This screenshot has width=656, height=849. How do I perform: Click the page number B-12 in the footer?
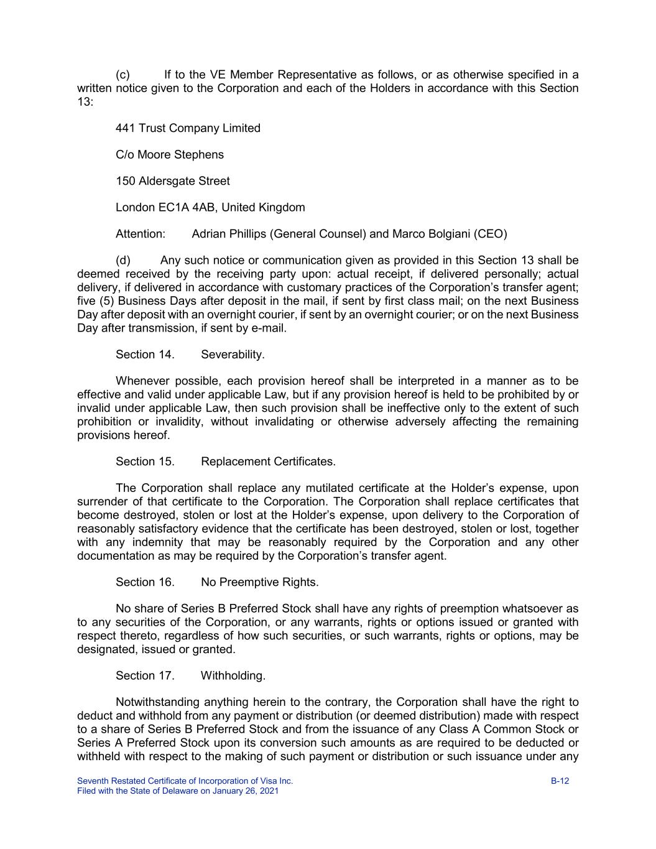tap(560, 781)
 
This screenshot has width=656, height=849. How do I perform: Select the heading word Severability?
tap(233, 355)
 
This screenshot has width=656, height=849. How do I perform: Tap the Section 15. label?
tap(145, 462)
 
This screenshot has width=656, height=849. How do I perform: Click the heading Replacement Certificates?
tap(268, 462)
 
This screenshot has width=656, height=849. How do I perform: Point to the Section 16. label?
tap(145, 582)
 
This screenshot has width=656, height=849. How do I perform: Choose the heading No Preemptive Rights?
tap(259, 582)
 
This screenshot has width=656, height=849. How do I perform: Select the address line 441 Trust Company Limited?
tap(188, 128)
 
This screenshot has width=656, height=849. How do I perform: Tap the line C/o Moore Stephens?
tap(170, 154)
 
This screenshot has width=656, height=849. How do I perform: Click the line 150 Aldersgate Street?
tap(172, 181)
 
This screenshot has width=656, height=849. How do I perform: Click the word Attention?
tap(141, 234)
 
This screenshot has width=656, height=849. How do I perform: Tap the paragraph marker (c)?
tap(123, 75)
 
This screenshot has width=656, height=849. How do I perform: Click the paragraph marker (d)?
tap(123, 260)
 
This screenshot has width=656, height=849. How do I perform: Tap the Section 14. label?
tap(145, 355)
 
